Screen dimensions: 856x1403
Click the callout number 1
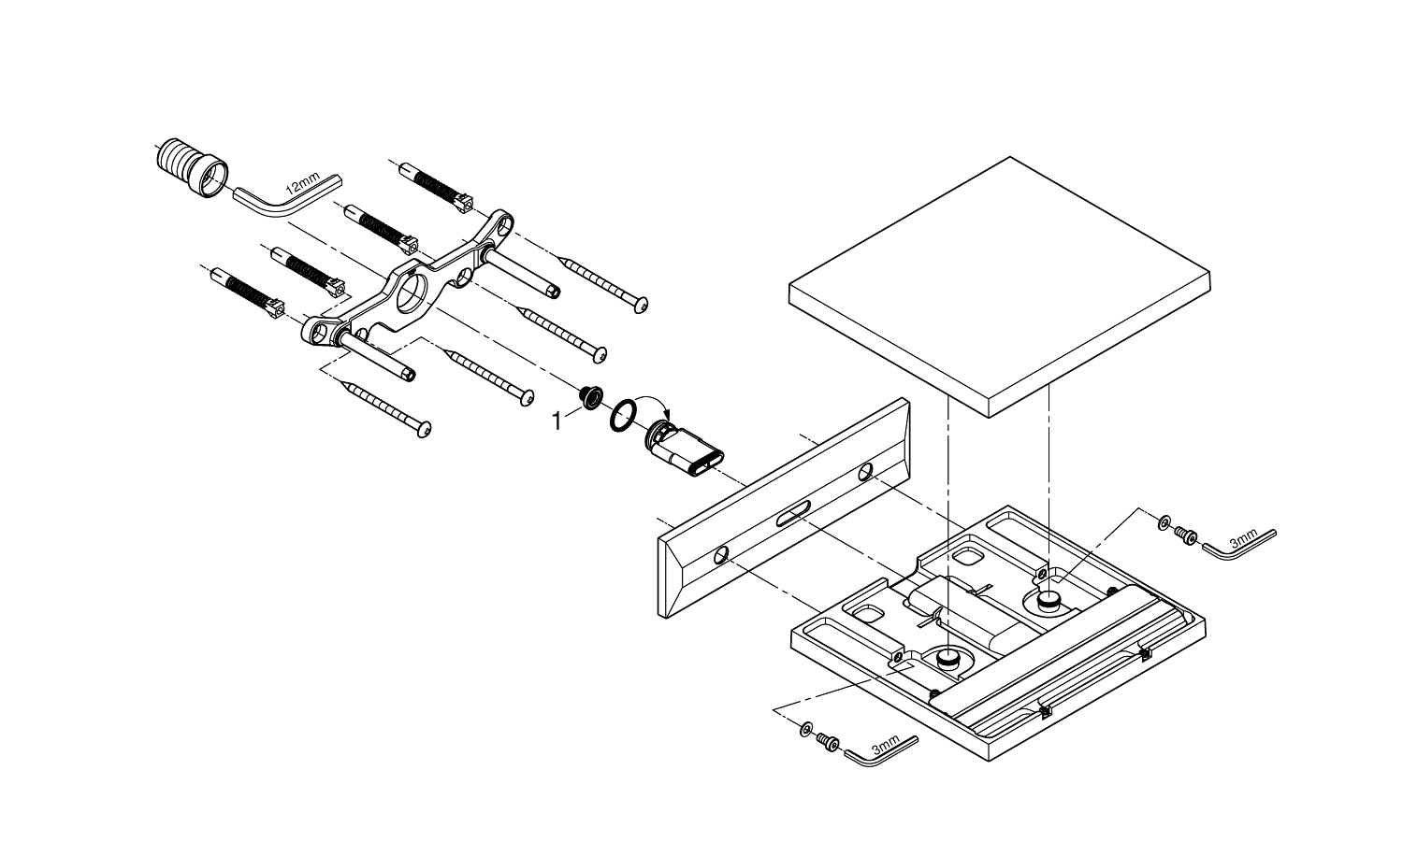coord(558,422)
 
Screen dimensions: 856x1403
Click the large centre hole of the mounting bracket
coord(409,296)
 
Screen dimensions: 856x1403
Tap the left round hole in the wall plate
coord(720,556)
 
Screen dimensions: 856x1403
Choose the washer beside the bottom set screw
coord(806,727)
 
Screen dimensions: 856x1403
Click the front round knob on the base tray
coord(948,660)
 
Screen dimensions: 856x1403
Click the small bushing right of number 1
coord(591,398)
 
